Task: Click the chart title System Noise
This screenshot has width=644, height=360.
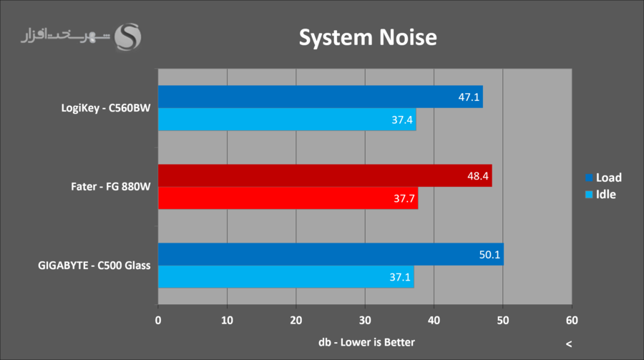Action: pyautogui.click(x=367, y=37)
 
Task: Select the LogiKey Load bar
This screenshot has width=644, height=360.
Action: pyautogui.click(x=320, y=97)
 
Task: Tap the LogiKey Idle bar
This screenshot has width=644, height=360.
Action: pyautogui.click(x=286, y=119)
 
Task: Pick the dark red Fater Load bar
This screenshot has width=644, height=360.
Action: pyautogui.click(x=324, y=175)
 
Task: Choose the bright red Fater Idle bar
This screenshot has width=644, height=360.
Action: pyautogui.click(x=287, y=198)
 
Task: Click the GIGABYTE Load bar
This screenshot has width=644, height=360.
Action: pyautogui.click(x=330, y=254)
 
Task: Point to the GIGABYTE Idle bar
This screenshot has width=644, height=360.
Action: pyautogui.click(x=286, y=276)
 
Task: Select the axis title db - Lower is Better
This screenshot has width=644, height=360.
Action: pyautogui.click(x=366, y=341)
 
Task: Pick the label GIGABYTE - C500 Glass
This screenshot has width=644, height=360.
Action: pyautogui.click(x=94, y=266)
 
